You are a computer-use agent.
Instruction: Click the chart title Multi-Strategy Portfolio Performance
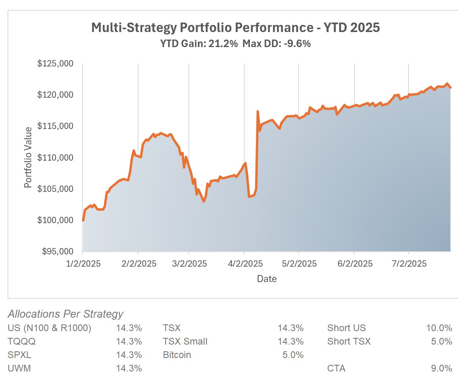coord(235,28)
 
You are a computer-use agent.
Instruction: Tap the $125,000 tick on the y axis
coord(55,64)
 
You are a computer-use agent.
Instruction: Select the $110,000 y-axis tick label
coord(55,158)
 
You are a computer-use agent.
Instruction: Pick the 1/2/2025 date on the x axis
coord(82,263)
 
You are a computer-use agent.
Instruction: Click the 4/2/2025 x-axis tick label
coord(244,263)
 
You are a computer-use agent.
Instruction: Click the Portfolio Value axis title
coord(28,157)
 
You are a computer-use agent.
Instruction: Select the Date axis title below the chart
coord(267,279)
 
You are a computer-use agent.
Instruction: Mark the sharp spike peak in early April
coord(258,112)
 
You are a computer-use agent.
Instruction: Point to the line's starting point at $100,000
coord(83,220)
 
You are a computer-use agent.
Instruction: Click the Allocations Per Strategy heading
coord(65,314)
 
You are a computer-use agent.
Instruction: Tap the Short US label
coord(346,328)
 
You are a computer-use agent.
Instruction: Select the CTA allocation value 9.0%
coord(442,368)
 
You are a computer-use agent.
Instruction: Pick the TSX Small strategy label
coord(185,341)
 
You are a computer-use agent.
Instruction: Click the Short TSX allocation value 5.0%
coord(442,341)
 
